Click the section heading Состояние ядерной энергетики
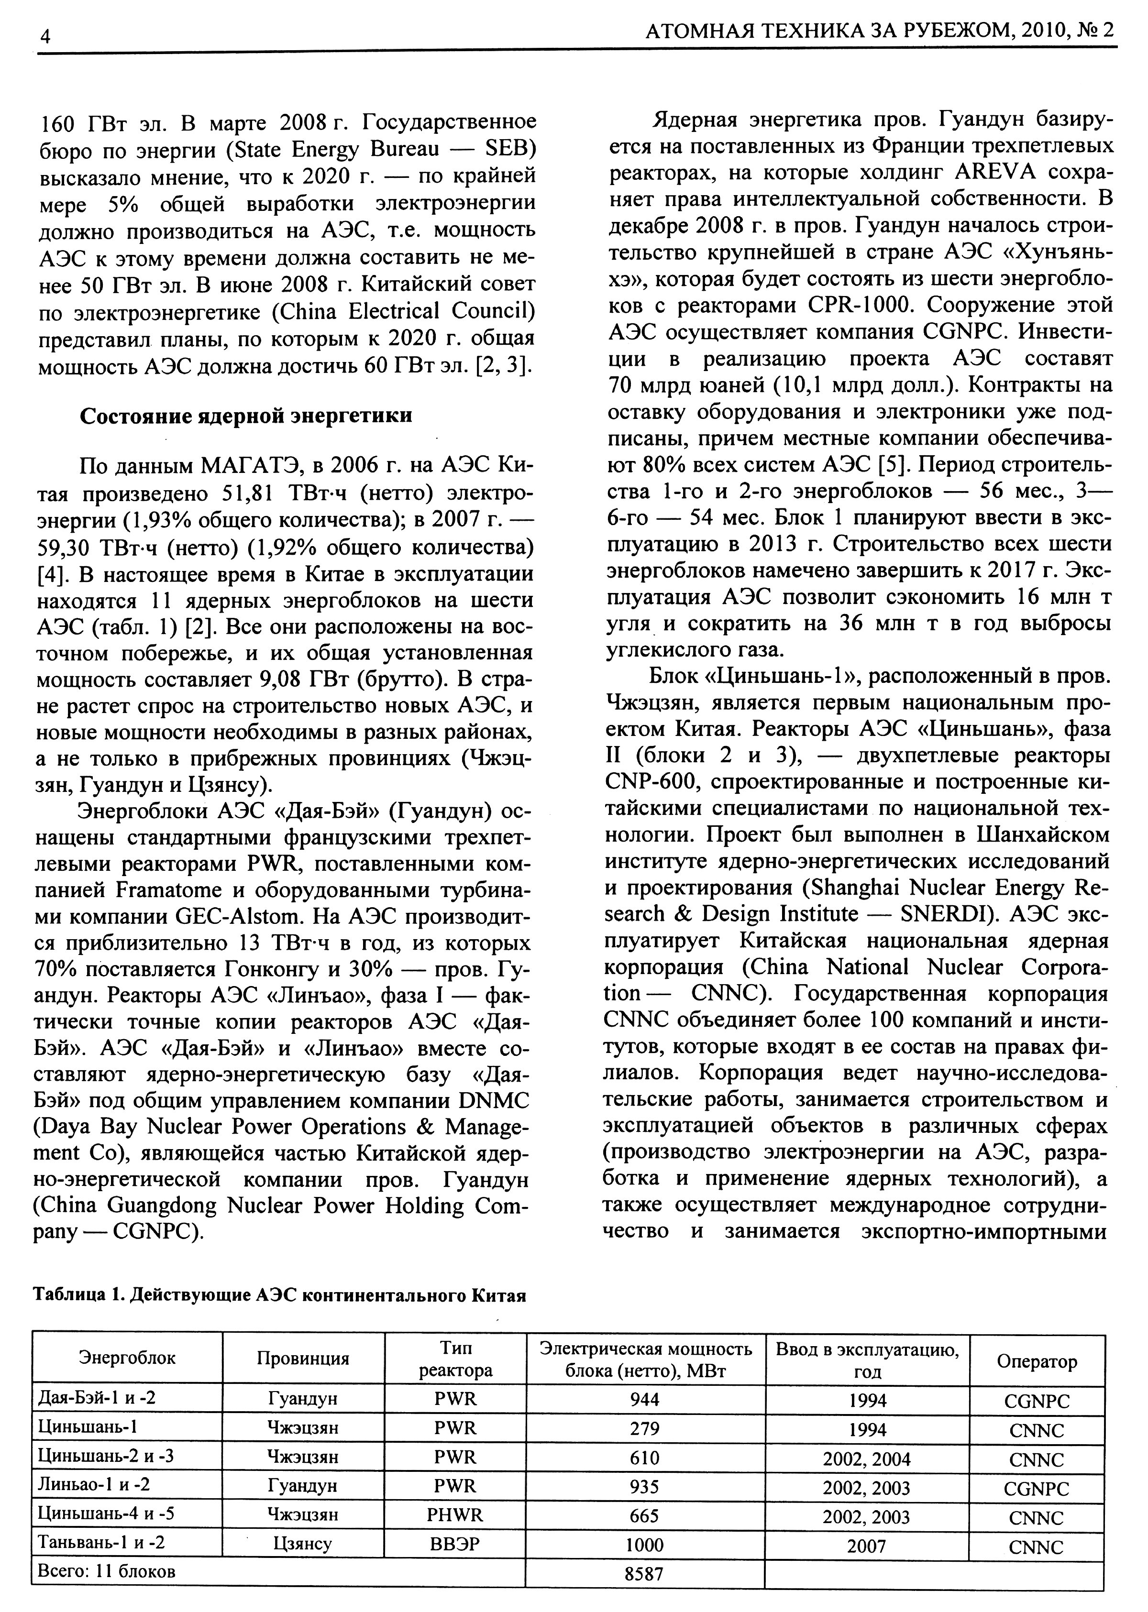click(245, 416)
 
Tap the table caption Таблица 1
click(78, 1295)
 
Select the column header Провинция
click(303, 1358)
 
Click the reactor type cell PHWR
click(455, 1514)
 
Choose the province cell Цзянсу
click(303, 1544)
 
